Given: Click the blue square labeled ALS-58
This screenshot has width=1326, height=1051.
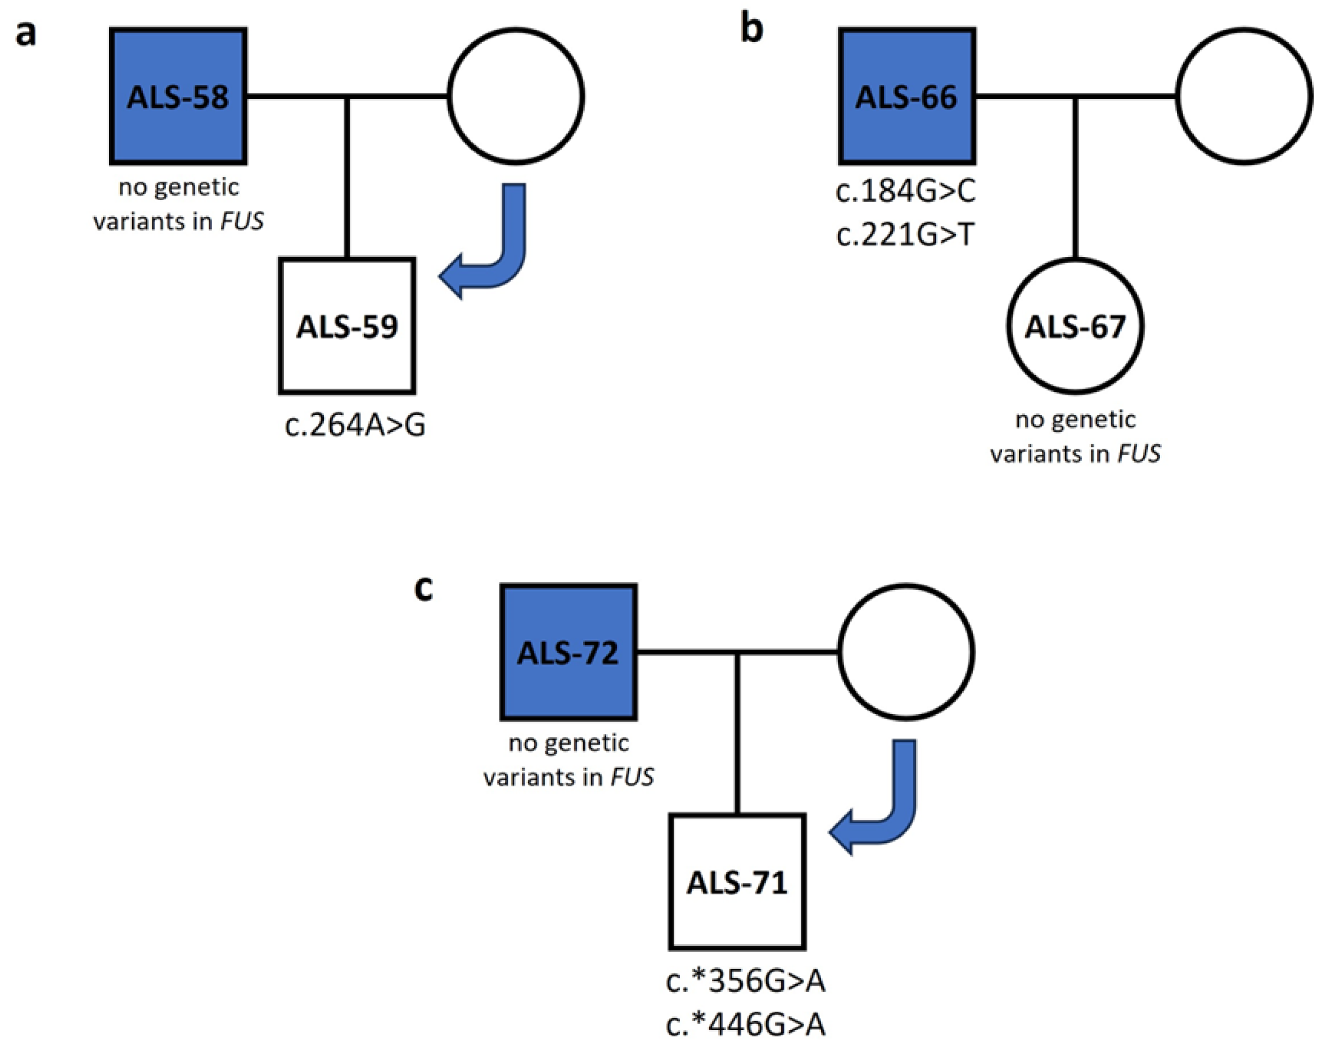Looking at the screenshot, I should coord(178,97).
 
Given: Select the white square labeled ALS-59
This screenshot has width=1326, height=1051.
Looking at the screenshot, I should coord(347,326).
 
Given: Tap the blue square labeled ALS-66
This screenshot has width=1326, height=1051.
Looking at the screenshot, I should coord(906,97).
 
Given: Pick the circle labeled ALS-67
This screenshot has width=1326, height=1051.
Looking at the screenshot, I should coord(1075,326).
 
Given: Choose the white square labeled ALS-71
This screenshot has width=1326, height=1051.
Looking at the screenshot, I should coord(737,882).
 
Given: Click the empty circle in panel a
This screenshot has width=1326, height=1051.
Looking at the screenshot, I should coord(516,97).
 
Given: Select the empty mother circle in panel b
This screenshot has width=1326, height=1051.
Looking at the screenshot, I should coord(1243,97).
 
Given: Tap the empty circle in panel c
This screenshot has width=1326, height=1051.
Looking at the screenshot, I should coord(906,652).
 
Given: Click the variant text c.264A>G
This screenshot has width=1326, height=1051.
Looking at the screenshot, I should coord(355,426).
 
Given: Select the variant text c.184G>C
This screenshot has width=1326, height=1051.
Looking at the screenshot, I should coord(905,192).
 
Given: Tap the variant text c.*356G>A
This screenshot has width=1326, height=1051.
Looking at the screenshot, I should coord(746,981).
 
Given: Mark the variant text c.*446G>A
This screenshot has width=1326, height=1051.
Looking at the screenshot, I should coord(746,1025).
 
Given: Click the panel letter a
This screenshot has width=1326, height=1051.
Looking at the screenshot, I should coord(26,34).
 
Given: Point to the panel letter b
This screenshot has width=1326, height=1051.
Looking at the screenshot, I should coord(751,29).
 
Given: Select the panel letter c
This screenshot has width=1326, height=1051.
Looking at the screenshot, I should coord(424,588).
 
